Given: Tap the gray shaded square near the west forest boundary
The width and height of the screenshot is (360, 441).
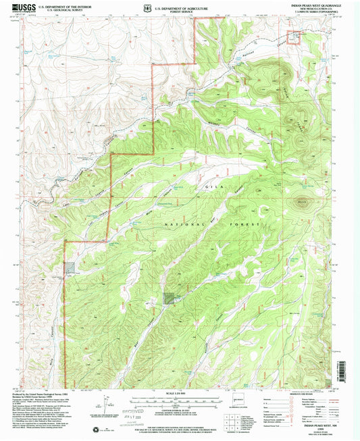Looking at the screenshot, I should click(x=70, y=267).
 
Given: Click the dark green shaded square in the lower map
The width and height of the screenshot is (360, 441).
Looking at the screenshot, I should click(x=168, y=296).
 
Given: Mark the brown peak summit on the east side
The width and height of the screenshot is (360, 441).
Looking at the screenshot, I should click(x=301, y=201).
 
